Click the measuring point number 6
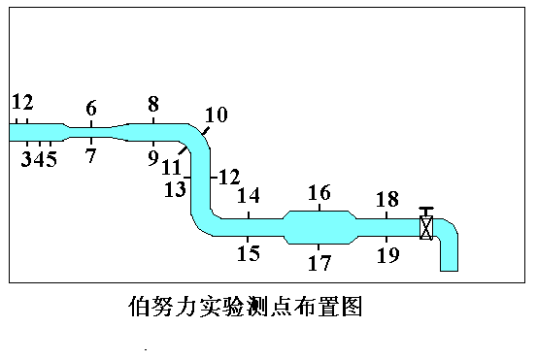pos(91,108)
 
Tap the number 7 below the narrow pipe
pos(90,155)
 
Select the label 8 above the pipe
pos(153,104)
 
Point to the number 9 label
pos(153,158)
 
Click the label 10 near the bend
pos(217,115)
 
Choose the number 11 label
pos(171,167)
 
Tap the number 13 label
pos(175,189)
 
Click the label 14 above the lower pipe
pos(249,195)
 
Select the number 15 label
pos(249,253)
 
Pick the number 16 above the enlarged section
pos(319,192)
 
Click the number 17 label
pos(319,263)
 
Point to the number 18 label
pos(387,199)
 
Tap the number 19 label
pos(388,255)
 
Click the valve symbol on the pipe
pos(426,227)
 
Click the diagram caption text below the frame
pos(246,306)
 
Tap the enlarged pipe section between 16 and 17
pos(320,227)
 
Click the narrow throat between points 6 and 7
pos(91,132)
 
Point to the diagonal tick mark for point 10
pos(205,131)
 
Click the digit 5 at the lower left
pos(50,159)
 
